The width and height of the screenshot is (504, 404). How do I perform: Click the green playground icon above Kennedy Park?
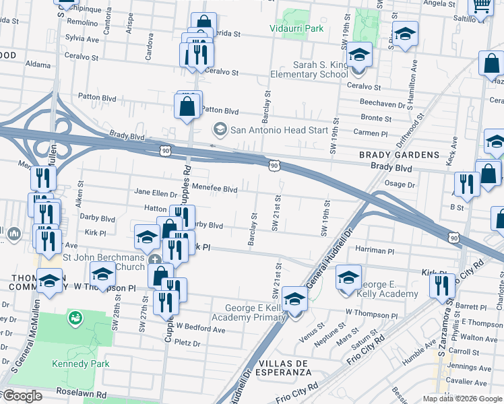(75, 316)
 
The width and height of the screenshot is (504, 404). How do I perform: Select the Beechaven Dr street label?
(382, 105)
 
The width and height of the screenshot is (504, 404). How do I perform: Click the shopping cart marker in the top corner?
(481, 7)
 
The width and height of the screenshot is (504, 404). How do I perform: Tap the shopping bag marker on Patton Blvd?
(187, 106)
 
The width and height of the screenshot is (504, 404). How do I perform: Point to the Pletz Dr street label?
(187, 343)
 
